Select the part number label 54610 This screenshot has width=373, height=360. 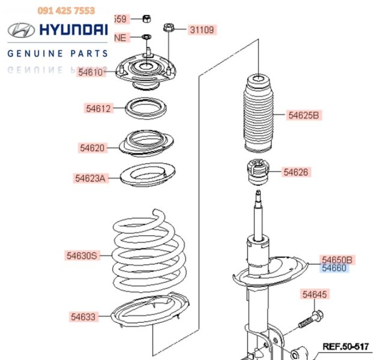91,72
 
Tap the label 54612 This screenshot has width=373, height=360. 98,109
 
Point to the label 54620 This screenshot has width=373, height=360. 92,147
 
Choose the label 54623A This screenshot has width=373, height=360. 91,178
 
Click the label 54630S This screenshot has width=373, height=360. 82,256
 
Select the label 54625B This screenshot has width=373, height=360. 304,115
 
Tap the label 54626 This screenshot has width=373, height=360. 296,172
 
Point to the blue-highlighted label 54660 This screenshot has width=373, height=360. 334,268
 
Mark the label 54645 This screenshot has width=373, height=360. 315,295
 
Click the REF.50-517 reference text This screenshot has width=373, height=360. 345,346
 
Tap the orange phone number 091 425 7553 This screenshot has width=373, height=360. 66,10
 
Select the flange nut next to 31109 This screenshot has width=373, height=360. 169,28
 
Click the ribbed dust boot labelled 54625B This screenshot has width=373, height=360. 258,114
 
